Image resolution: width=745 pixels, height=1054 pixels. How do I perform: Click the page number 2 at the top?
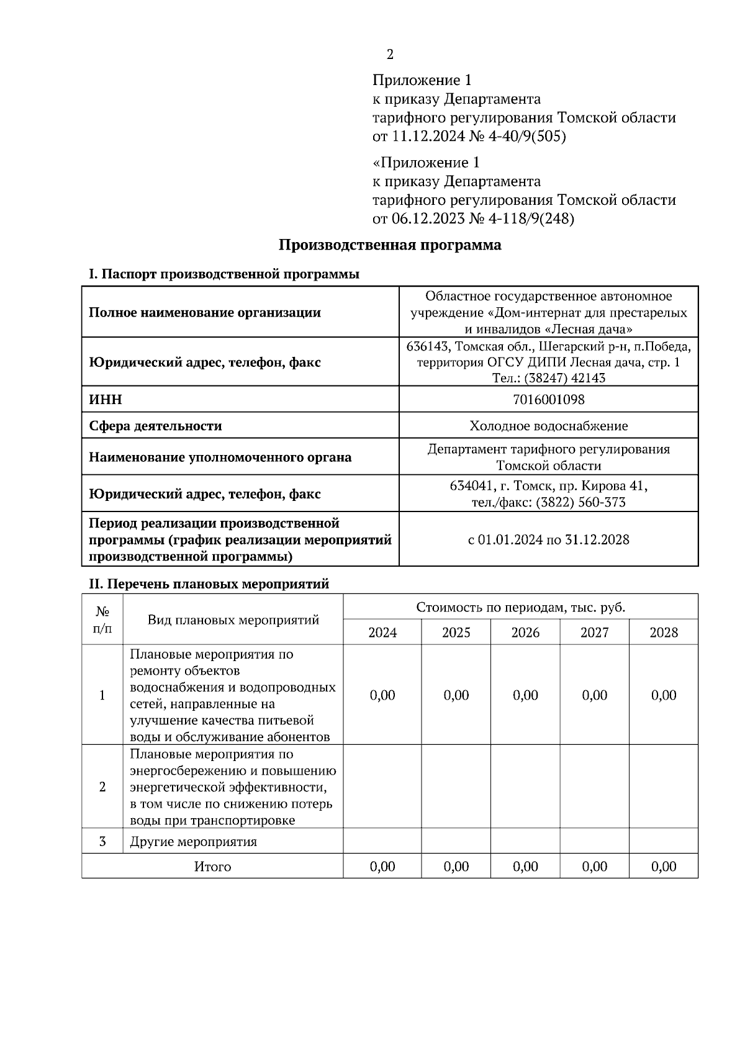390,55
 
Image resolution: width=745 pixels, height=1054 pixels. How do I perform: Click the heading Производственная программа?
389,245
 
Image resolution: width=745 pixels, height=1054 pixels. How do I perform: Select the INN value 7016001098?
549,399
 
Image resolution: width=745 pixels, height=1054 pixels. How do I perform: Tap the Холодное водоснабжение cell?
549,426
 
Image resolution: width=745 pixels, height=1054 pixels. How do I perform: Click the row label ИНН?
106,399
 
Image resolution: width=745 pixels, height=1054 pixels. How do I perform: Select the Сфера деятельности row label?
155,426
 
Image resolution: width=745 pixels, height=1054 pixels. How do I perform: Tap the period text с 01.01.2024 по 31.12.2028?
549,539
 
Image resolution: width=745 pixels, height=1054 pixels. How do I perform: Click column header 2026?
525,633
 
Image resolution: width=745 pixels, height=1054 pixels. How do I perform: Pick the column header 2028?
664,633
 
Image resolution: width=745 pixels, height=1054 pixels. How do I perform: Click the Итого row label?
212,867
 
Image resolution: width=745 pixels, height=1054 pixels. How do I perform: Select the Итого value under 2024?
382,867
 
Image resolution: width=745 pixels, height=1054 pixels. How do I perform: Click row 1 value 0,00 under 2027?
595,695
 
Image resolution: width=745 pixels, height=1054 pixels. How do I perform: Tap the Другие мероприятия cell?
193,842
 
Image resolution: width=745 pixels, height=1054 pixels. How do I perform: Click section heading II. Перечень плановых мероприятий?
209,584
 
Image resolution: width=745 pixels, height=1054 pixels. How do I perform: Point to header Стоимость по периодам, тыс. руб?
520,607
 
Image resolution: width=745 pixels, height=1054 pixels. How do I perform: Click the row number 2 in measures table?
102,787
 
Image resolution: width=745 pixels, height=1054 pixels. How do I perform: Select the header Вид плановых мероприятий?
233,619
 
